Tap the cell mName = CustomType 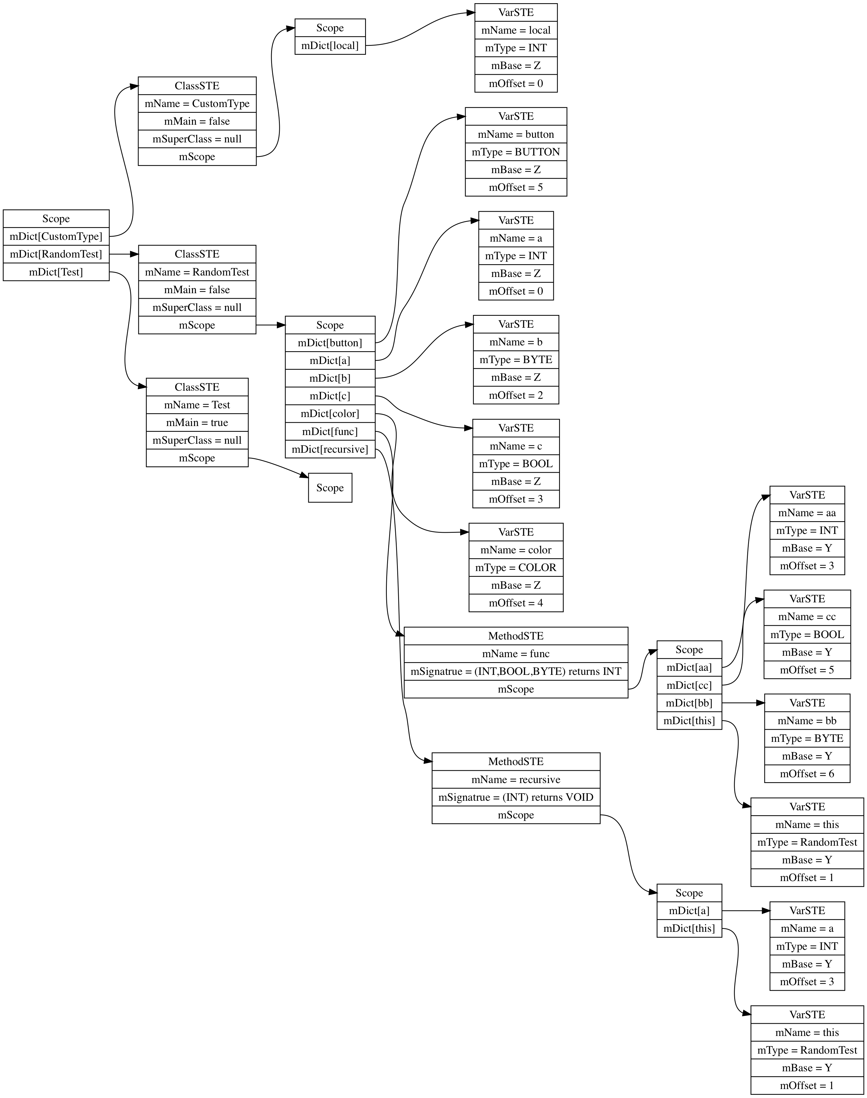197,104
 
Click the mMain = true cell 197,422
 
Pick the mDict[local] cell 330,46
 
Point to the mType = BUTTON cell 516,152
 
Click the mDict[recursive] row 330,449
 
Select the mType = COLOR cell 516,568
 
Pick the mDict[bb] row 689,703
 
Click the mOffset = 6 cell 807,774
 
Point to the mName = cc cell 807,617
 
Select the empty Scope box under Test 330,488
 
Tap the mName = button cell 516,134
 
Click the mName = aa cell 807,513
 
